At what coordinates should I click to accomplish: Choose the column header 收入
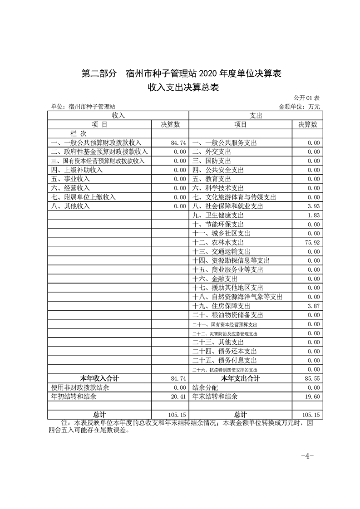click(118, 116)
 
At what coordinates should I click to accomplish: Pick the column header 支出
click(256, 116)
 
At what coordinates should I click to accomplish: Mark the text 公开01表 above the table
click(307, 98)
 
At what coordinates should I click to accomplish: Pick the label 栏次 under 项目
click(78, 134)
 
